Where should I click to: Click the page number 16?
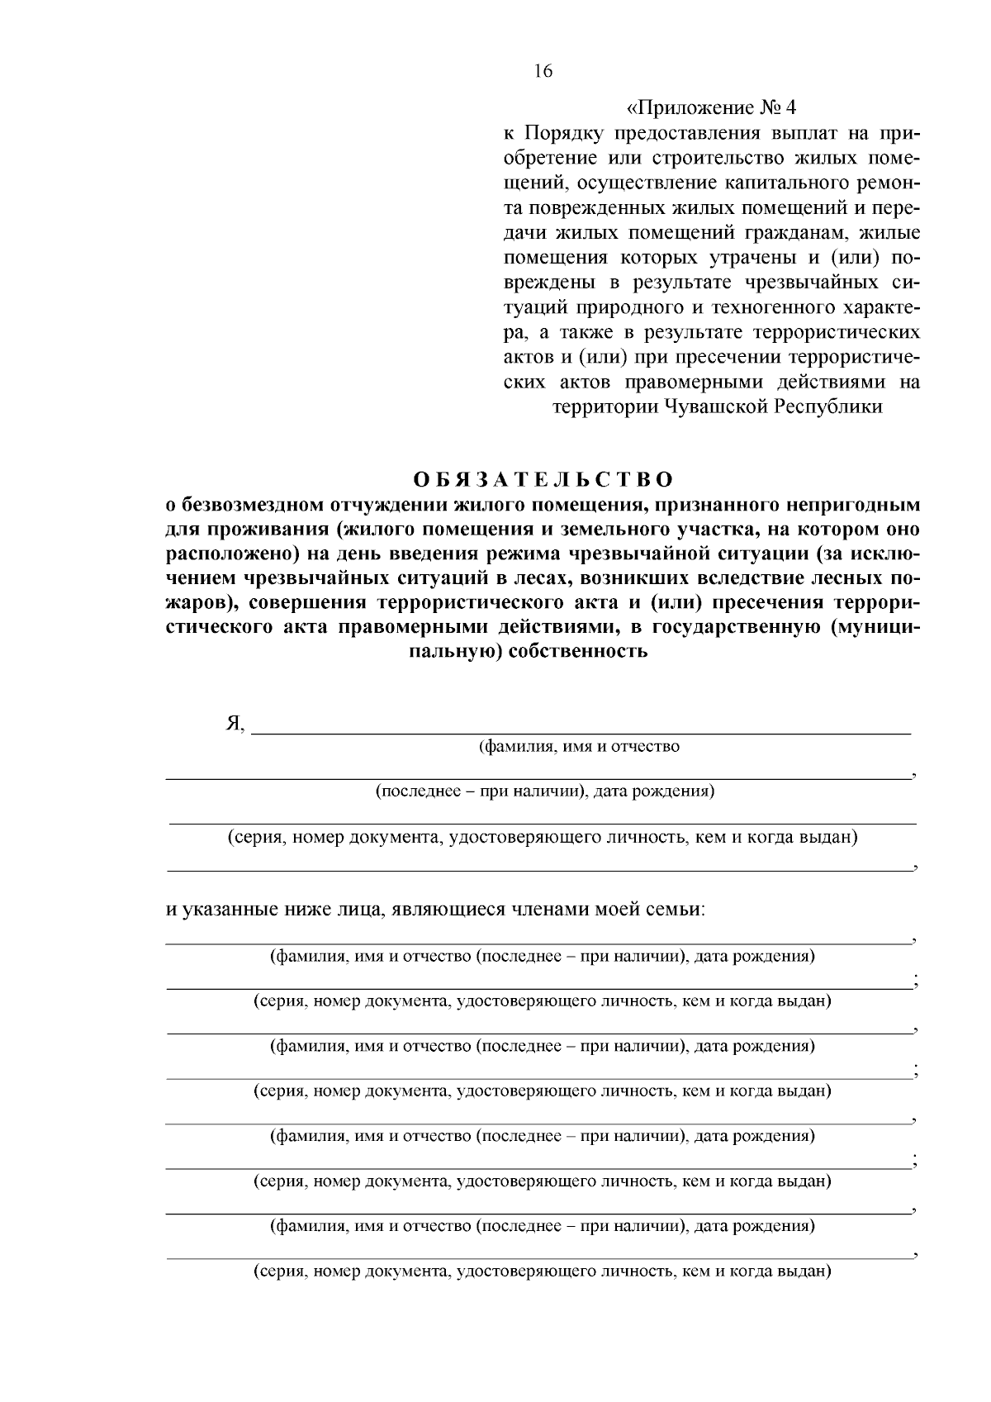[x=543, y=71]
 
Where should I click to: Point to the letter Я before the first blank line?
[x=234, y=724]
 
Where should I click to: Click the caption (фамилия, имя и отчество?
[x=580, y=747]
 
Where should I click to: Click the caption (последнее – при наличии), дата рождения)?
[x=544, y=791]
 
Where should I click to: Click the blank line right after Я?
[x=580, y=730]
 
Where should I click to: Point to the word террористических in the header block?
[x=837, y=332]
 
